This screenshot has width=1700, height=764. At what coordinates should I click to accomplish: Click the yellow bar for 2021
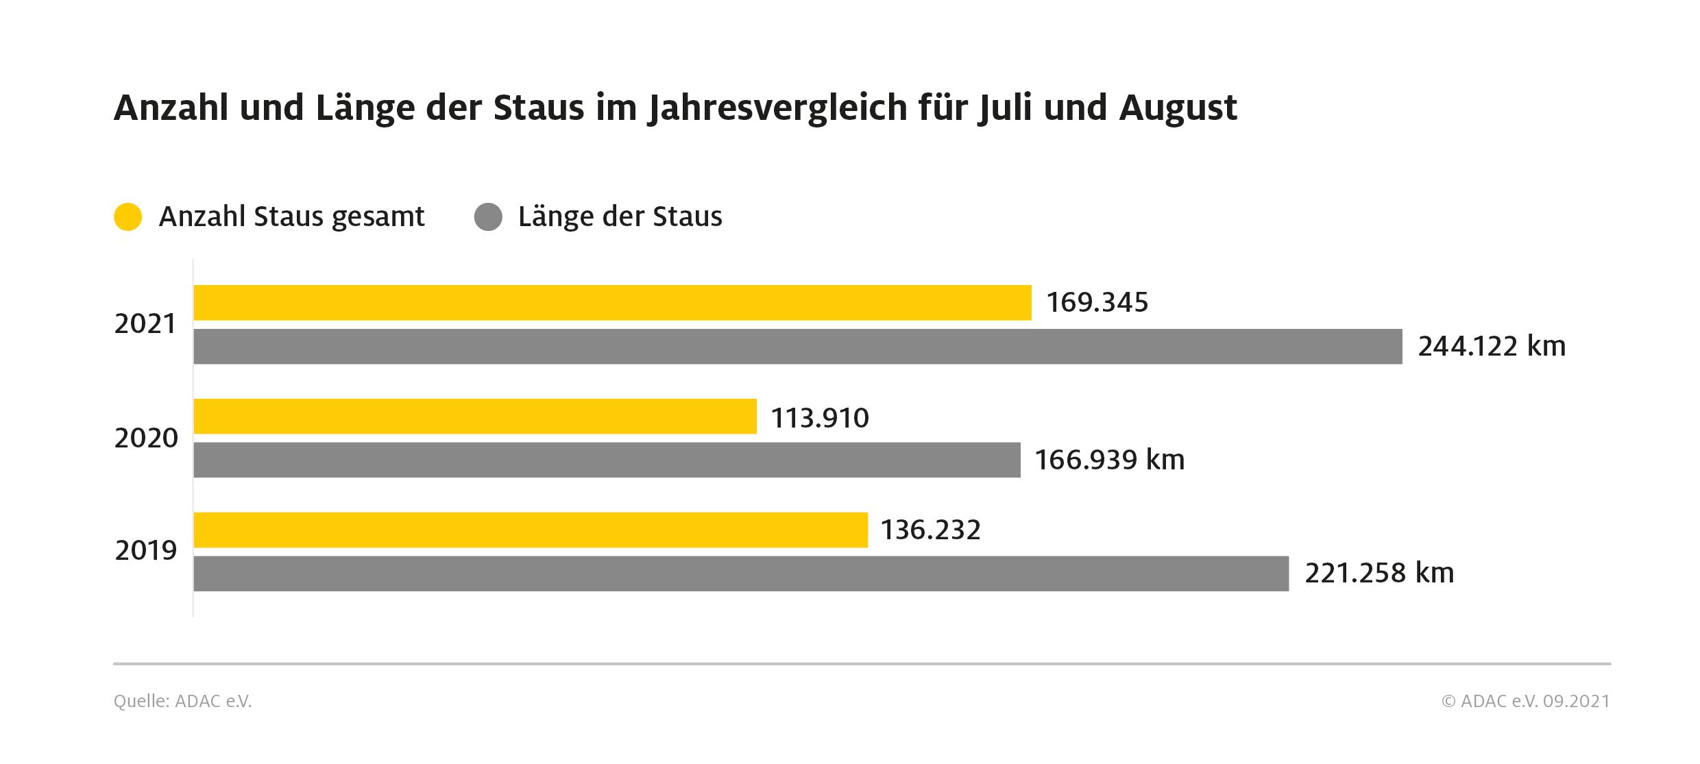coord(612,303)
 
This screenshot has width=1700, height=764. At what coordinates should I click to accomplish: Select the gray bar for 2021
coord(798,347)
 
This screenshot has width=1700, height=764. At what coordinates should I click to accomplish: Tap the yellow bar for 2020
coord(475,417)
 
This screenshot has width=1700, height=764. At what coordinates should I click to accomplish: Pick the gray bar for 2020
coord(607,460)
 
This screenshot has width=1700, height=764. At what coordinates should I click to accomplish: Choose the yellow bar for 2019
coord(531,530)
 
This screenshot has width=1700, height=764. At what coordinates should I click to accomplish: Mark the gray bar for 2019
coord(741,574)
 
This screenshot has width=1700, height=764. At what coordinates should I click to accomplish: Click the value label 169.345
coord(1097,303)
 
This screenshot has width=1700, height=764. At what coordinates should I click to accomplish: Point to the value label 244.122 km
coord(1492,347)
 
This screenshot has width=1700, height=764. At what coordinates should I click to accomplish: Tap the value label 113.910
coord(820,418)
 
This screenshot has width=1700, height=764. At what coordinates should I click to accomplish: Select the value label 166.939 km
coord(1109,460)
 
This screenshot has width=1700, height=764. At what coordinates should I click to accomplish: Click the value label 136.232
coord(930,530)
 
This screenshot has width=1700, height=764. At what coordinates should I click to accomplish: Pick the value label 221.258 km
coord(1379,574)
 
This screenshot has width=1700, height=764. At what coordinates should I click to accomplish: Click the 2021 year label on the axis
coord(145,325)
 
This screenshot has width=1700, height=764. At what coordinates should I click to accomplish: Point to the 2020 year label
coord(146,439)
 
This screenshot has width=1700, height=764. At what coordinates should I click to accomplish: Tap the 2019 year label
coord(146,551)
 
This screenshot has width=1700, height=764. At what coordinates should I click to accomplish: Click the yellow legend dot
coord(127,217)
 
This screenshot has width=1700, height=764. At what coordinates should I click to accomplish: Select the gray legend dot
coord(488,217)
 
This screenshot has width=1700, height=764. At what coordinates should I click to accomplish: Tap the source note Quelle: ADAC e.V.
coord(182,702)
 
